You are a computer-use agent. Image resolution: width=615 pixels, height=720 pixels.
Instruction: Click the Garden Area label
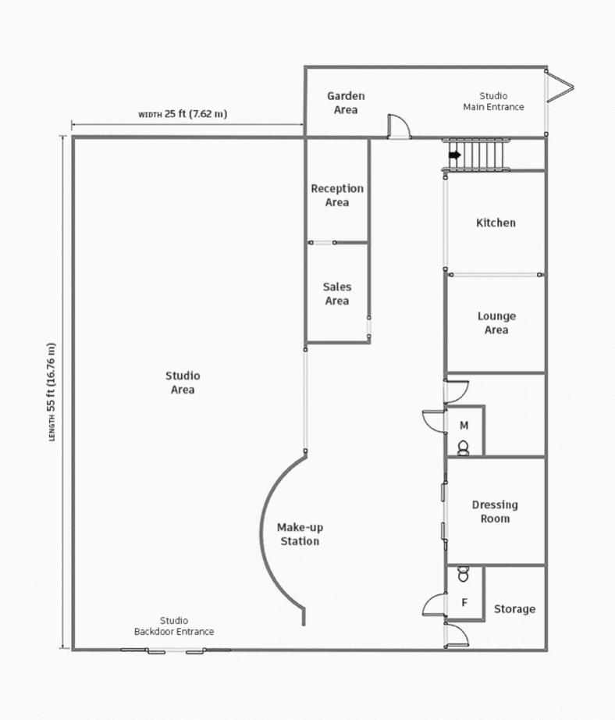click(x=346, y=103)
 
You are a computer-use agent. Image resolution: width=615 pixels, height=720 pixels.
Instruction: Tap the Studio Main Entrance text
click(x=493, y=102)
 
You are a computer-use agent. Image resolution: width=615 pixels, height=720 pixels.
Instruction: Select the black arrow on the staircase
click(x=454, y=155)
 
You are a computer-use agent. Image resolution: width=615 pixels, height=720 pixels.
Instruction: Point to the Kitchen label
click(x=496, y=223)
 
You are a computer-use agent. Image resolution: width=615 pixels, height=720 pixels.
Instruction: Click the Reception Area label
click(x=337, y=195)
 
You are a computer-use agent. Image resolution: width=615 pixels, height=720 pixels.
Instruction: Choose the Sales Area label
click(x=337, y=294)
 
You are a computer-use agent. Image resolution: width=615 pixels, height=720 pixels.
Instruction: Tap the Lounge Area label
click(x=496, y=323)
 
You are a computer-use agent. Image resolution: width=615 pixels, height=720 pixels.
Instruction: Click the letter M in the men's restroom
click(x=464, y=426)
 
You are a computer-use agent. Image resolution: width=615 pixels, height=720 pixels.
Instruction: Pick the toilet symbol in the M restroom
click(x=464, y=447)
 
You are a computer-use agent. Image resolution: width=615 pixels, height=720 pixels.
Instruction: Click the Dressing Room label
click(x=495, y=511)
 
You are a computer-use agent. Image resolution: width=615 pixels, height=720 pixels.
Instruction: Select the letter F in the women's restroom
click(x=464, y=602)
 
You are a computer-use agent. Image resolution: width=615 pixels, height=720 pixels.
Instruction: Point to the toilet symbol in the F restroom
click(x=464, y=574)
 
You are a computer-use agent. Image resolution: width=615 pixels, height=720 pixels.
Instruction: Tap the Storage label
click(x=514, y=609)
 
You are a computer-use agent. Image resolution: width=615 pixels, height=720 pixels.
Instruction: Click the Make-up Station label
click(x=300, y=534)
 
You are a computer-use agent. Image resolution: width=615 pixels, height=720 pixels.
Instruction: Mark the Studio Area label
click(x=183, y=383)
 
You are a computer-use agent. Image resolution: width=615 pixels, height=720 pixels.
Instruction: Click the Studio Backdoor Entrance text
click(x=174, y=626)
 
